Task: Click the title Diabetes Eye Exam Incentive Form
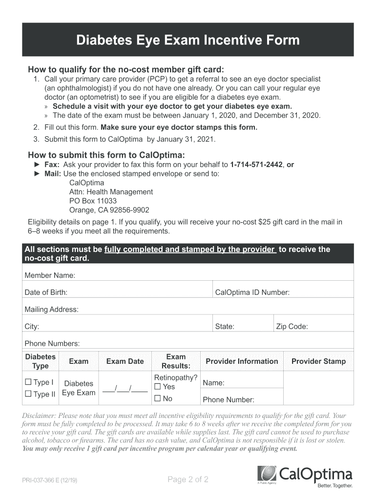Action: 188,40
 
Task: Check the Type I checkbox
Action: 28,382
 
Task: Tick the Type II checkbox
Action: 28,394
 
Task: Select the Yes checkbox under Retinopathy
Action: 157,387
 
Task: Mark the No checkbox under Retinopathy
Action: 157,398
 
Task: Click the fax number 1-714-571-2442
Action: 256,165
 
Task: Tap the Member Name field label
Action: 50,275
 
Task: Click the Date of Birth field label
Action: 46,292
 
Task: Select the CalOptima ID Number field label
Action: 252,292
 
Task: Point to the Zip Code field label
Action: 292,326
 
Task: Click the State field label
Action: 225,326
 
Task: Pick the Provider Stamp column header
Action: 318,361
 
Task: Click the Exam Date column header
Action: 125,361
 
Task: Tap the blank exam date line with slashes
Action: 125,389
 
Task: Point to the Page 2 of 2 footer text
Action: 188,479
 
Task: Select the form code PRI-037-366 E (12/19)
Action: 49,480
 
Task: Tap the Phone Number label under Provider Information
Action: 229,400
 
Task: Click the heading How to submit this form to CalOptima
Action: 106,155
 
